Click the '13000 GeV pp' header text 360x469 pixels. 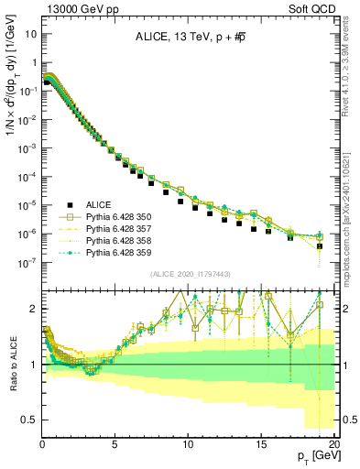[x=75, y=7]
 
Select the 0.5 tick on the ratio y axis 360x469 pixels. [x=30, y=420]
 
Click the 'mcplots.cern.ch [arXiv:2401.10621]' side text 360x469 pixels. [x=352, y=220]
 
